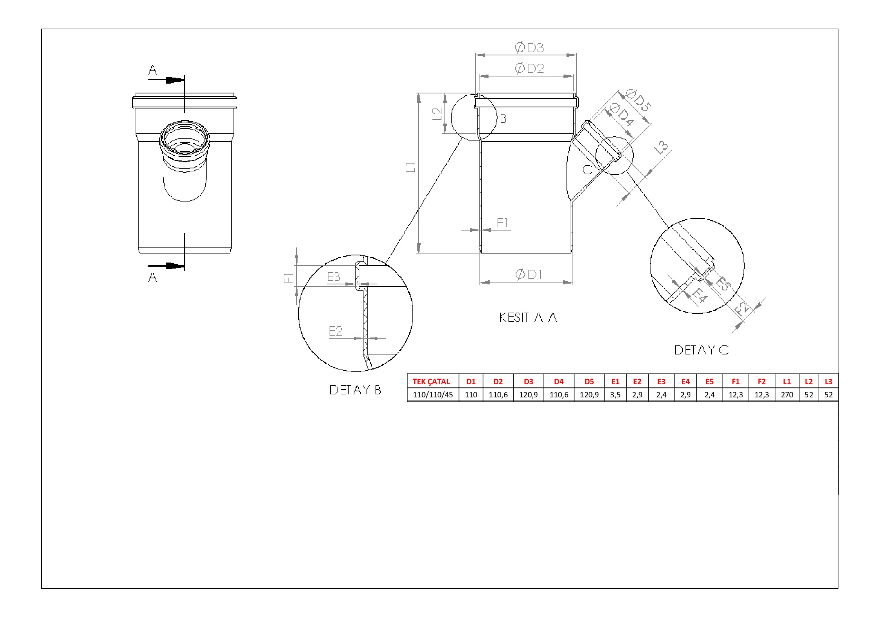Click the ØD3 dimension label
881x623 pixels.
[529, 47]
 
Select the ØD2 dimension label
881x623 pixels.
[529, 69]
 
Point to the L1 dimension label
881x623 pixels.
[411, 167]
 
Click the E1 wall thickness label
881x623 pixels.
[502, 223]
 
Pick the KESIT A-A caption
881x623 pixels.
[528, 317]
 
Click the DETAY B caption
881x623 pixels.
[355, 390]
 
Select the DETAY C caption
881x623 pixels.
[701, 350]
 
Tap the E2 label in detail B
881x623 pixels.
[335, 331]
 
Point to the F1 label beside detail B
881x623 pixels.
[289, 277]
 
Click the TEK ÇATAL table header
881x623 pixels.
[431, 382]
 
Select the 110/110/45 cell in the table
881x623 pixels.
[433, 395]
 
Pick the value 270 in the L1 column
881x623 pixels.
[787, 395]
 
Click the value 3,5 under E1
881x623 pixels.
[615, 395]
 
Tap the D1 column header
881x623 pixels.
[471, 382]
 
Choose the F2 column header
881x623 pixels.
[762, 382]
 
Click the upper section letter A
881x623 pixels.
[152, 70]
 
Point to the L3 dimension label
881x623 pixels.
[661, 147]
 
